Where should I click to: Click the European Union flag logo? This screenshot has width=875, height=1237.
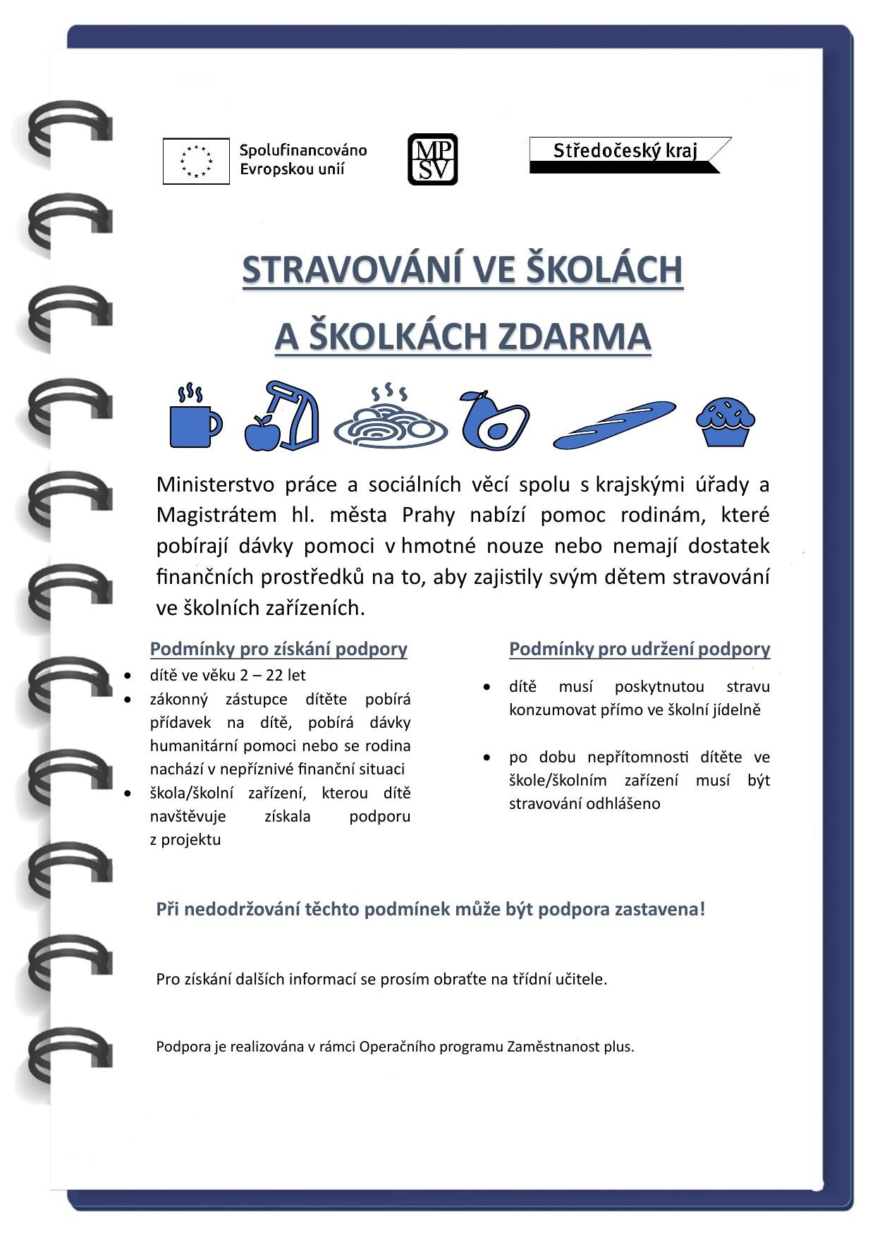(196, 161)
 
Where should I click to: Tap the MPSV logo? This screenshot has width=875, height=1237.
(432, 159)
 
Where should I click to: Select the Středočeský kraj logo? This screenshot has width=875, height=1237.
(630, 154)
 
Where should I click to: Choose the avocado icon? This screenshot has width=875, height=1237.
(494, 420)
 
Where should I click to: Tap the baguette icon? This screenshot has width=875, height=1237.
(614, 424)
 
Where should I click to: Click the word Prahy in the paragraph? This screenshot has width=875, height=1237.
(428, 516)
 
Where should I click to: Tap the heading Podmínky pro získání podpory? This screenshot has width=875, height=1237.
(279, 649)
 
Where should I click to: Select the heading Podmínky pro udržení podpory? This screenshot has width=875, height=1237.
(639, 649)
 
